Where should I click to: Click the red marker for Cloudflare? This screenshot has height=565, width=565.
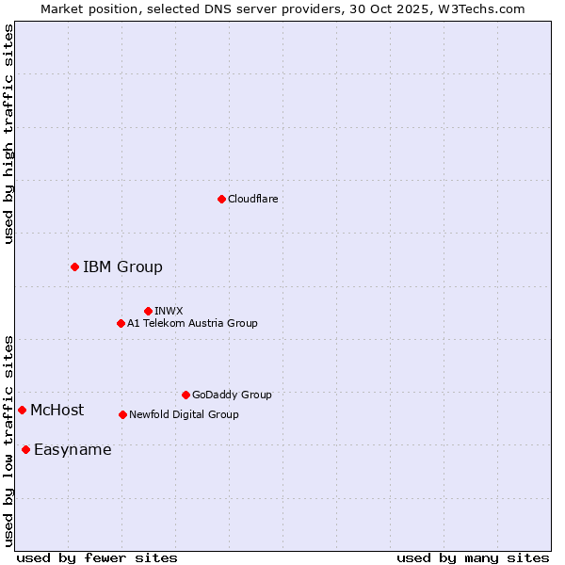pyautogui.click(x=221, y=199)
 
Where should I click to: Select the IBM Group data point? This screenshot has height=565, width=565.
pyautogui.click(x=74, y=267)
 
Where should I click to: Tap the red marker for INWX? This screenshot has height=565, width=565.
pyautogui.click(x=148, y=311)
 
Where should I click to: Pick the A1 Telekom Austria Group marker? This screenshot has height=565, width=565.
pyautogui.click(x=121, y=323)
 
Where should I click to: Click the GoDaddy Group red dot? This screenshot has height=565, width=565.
pyautogui.click(x=186, y=395)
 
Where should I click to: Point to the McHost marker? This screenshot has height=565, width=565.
pyautogui.click(x=22, y=410)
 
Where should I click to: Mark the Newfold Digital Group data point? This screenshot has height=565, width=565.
pyautogui.click(x=122, y=414)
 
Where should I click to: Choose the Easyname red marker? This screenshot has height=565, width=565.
pyautogui.click(x=25, y=449)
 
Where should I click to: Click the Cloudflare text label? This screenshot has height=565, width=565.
pyautogui.click(x=252, y=199)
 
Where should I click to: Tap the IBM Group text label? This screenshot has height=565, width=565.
pyautogui.click(x=122, y=267)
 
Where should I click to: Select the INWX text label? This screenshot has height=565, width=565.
pyautogui.click(x=169, y=311)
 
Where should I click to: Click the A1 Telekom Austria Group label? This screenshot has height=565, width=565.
pyautogui.click(x=192, y=323)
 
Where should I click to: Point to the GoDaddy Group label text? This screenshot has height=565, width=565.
pyautogui.click(x=232, y=395)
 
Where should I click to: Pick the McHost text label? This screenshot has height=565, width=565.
pyautogui.click(x=56, y=410)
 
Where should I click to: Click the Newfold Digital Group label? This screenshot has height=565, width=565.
pyautogui.click(x=184, y=414)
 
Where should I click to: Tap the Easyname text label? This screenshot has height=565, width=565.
pyautogui.click(x=73, y=449)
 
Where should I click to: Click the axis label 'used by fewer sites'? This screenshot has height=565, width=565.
pyautogui.click(x=97, y=557)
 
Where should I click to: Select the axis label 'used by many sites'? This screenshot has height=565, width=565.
pyautogui.click(x=473, y=557)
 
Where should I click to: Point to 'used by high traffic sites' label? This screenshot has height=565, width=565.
pyautogui.click(x=9, y=134)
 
